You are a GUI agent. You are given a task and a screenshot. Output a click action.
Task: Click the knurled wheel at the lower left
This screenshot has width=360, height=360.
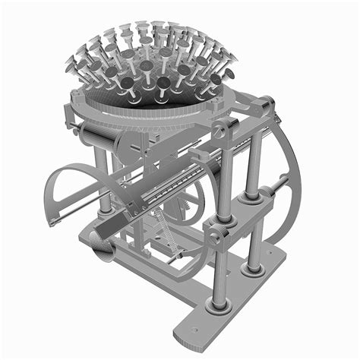98,246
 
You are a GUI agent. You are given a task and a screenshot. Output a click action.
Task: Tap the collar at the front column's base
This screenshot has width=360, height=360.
219,305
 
